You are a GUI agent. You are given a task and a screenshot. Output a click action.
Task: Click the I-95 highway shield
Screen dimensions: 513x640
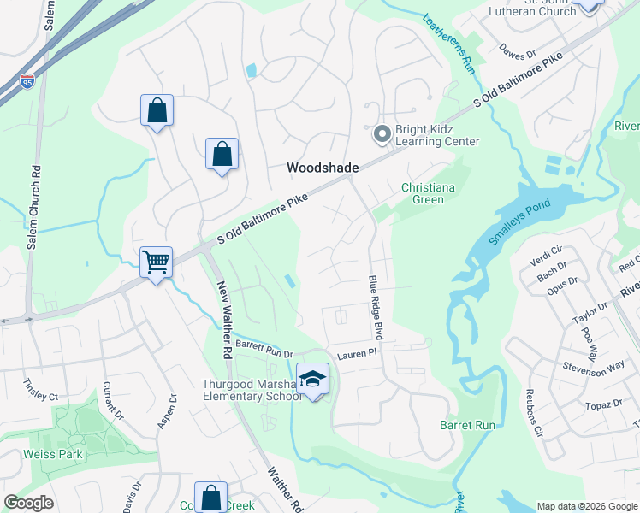(27, 84)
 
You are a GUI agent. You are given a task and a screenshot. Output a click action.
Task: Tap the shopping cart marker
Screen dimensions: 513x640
(156, 262)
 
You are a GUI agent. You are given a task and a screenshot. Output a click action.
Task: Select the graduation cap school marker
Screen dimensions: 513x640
(313, 378)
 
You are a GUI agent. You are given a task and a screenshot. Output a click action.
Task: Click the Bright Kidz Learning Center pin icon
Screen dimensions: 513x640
(382, 134)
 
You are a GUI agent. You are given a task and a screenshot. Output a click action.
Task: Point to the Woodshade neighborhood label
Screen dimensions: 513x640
(322, 168)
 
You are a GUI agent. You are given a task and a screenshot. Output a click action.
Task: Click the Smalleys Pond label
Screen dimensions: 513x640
(521, 225)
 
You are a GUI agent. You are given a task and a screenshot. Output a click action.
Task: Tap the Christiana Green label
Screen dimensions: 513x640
(424, 193)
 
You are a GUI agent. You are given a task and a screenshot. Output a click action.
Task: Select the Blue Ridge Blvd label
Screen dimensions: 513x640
(376, 308)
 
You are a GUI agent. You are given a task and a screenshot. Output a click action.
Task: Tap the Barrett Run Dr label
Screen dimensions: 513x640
(264, 348)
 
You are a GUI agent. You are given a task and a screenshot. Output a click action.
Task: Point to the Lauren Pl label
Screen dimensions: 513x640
(356, 352)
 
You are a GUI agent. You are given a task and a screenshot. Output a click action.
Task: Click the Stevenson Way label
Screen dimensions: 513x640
(594, 368)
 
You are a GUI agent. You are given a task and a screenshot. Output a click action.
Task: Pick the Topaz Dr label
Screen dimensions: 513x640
(605, 403)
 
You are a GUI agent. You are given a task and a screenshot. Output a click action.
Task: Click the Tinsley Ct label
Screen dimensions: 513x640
(41, 396)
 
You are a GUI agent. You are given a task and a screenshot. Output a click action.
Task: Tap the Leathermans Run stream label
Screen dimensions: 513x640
(447, 40)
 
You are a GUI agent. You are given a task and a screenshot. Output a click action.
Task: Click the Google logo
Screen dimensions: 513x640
(28, 503)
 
